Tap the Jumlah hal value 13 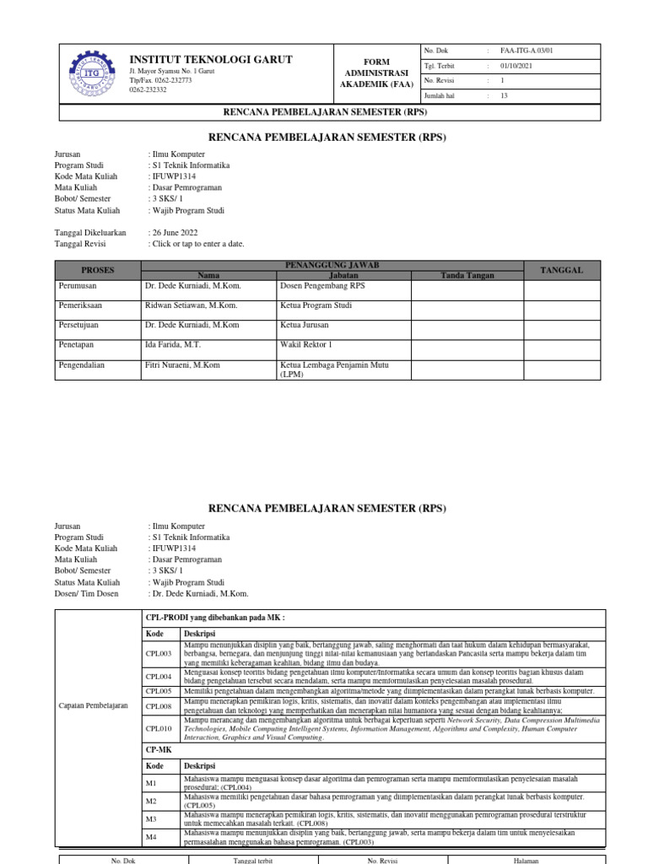(x=504, y=96)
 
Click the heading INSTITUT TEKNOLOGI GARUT (x=210, y=59)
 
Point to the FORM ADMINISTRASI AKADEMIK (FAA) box (x=375, y=73)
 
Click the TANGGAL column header (x=561, y=270)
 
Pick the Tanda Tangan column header (x=467, y=275)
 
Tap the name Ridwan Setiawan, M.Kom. (x=192, y=305)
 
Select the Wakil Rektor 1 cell (x=305, y=345)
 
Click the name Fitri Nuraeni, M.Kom (x=182, y=365)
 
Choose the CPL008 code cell (x=159, y=706)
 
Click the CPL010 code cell (x=159, y=728)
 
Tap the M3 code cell (x=152, y=818)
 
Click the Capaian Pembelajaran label (x=94, y=705)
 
